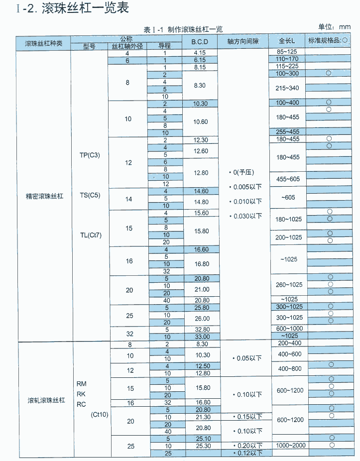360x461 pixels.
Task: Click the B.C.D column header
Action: pos(200,42)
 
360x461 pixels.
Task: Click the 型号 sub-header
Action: pos(89,46)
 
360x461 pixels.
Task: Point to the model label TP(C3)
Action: pos(90,155)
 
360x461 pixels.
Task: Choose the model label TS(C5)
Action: pos(90,195)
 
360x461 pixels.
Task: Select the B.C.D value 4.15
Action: pos(200,53)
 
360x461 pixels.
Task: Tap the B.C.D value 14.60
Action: pos(200,191)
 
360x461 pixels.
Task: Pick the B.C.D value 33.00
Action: pos(200,337)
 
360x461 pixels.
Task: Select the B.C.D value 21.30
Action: pos(200,417)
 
